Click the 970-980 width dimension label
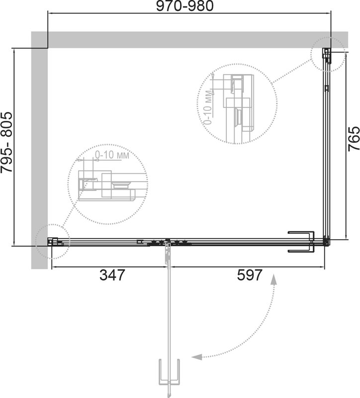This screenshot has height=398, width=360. coord(184,6)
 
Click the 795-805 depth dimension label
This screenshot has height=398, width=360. coord(6,142)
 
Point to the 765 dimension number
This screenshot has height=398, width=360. coord(354,139)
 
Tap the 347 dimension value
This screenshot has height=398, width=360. coord(112,275)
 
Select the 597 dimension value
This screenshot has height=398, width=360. coord(250,275)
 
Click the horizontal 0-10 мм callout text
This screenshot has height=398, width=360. coord(112,155)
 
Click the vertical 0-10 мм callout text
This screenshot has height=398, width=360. coord(207,107)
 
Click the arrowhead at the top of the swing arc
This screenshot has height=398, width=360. coord(274,279)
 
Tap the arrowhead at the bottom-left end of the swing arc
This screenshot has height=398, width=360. coord(197,357)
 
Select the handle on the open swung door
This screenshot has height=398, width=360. coord(169,369)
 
